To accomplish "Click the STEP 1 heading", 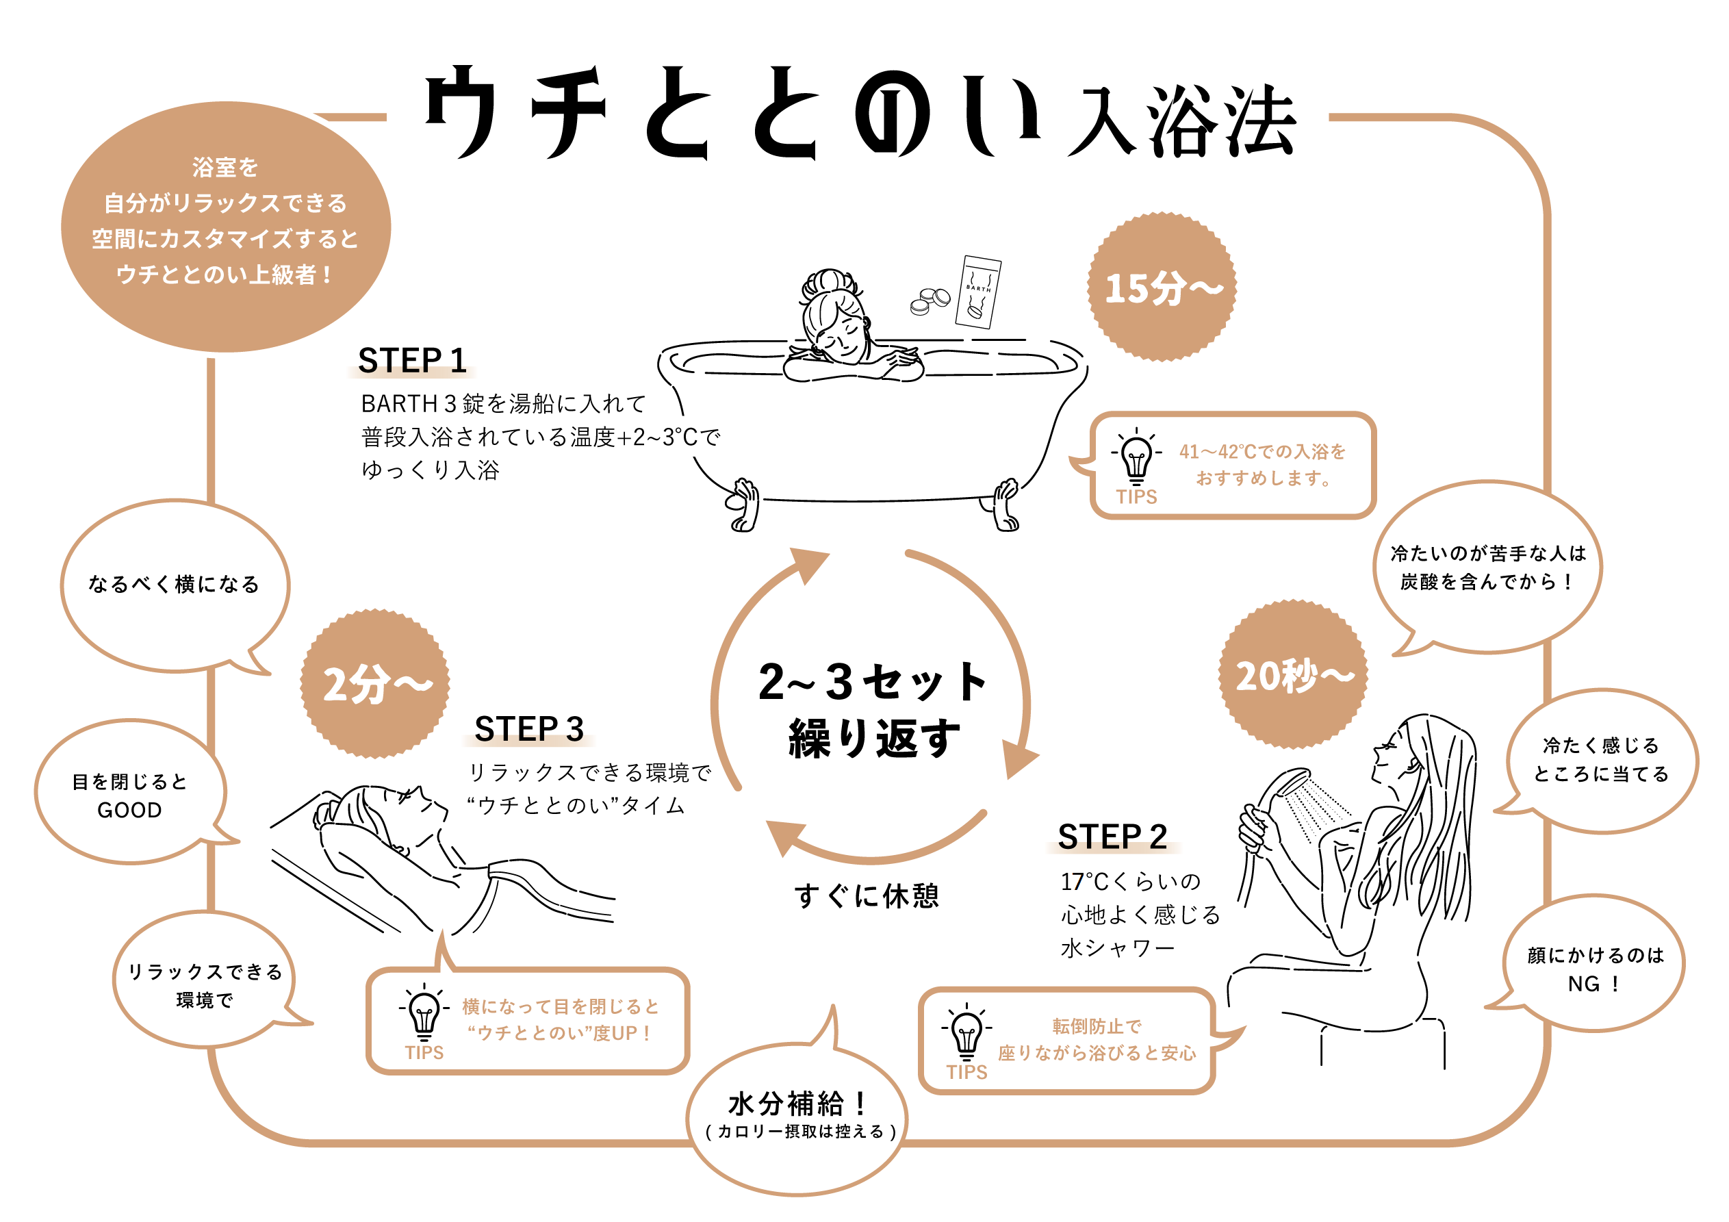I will [411, 361].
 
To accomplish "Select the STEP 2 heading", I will [1112, 837].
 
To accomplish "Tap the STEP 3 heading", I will [528, 729].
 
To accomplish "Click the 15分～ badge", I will [1162, 287].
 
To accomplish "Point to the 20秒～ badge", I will [1293, 674].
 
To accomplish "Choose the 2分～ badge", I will [375, 683].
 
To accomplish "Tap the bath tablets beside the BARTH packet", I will [930, 301].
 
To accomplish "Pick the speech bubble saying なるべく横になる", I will [174, 585].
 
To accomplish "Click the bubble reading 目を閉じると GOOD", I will [129, 794].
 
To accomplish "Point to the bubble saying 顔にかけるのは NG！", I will [1595, 969].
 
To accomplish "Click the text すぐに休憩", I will [867, 895].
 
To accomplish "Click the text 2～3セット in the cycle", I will [873, 682].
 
